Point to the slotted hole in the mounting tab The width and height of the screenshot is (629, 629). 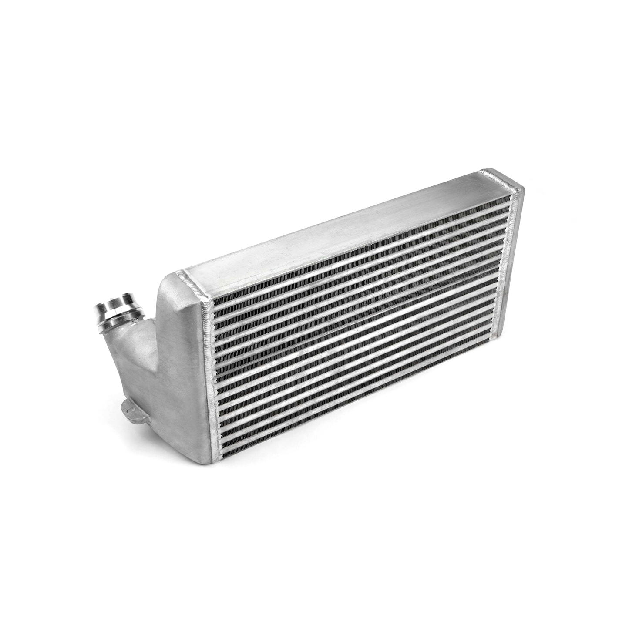pos(127,407)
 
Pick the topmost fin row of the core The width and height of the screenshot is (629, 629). pos(361,252)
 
